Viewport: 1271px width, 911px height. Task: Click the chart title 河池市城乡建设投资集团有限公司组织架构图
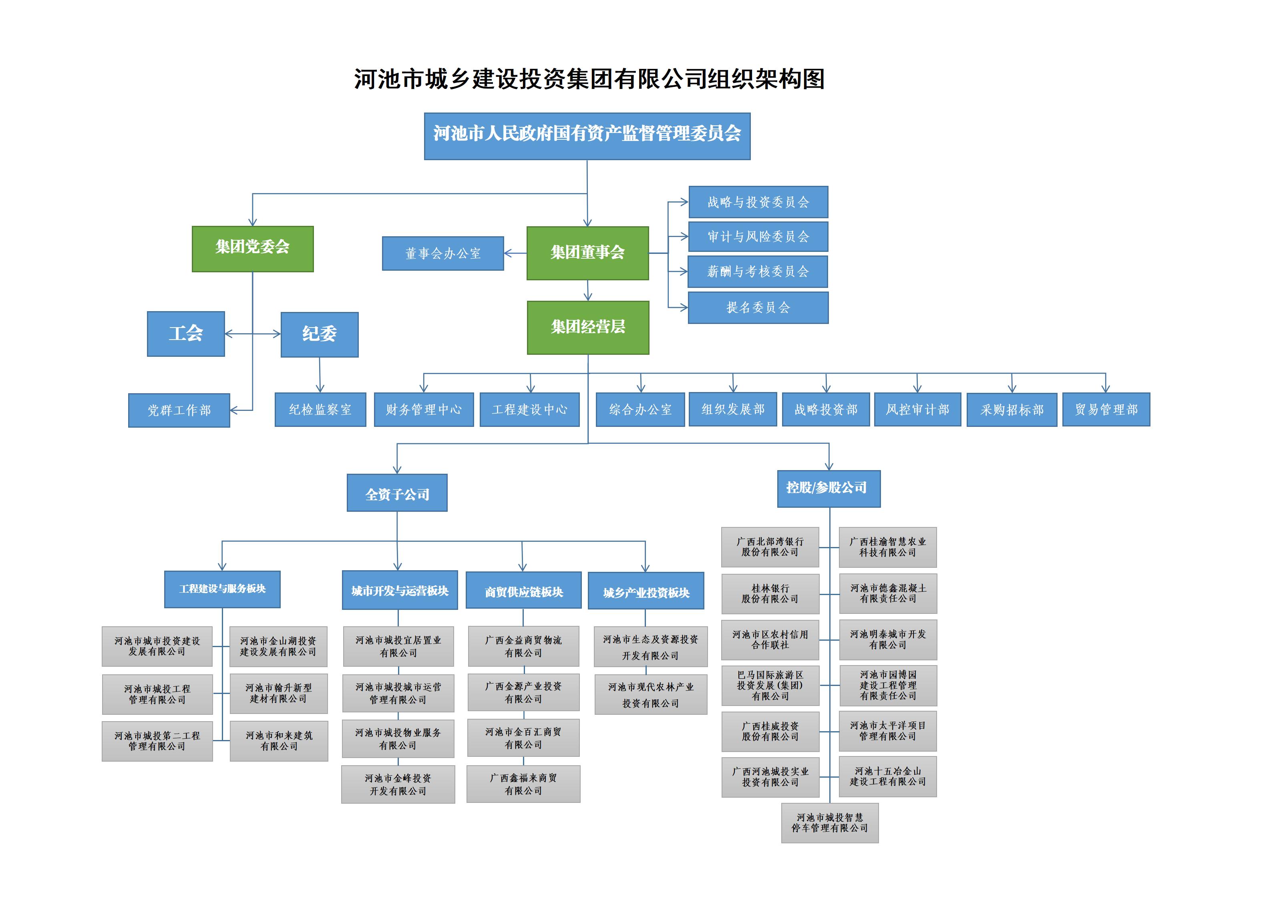click(589, 79)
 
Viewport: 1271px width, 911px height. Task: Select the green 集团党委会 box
click(252, 249)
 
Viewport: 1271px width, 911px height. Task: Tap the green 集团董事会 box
click(587, 253)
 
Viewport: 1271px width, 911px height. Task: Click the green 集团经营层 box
click(588, 328)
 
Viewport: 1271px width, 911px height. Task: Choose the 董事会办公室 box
click(443, 253)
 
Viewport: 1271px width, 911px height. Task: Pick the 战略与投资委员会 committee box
click(758, 202)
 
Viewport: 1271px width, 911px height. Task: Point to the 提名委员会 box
click(758, 308)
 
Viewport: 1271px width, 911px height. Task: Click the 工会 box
click(185, 334)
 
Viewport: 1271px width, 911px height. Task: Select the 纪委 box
click(320, 334)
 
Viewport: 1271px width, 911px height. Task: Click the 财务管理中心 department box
click(424, 410)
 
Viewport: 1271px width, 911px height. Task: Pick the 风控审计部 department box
click(917, 410)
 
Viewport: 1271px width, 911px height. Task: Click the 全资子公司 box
click(397, 493)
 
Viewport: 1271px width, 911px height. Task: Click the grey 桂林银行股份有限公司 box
click(770, 594)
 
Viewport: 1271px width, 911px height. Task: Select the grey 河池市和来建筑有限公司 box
click(279, 741)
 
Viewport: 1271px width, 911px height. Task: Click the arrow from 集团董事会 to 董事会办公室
click(515, 253)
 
